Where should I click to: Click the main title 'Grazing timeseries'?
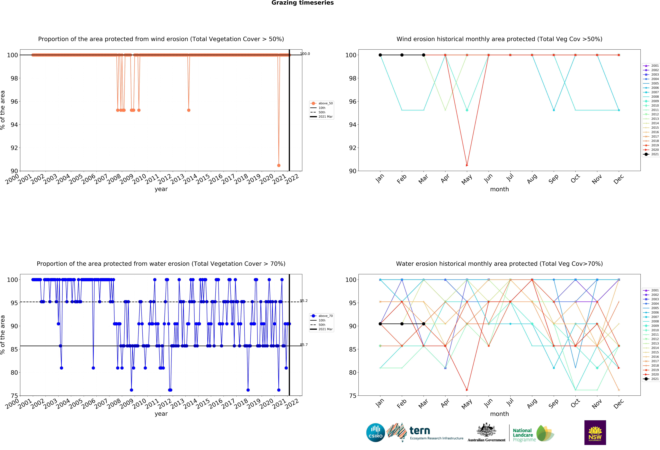[x=302, y=3]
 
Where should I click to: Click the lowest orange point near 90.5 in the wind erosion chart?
[x=279, y=165]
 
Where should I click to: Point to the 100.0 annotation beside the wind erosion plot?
[x=305, y=54]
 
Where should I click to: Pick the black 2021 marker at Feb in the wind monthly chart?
[x=402, y=55]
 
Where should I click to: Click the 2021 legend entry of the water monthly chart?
[x=653, y=379]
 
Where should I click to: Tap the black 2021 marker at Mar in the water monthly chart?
[x=423, y=324]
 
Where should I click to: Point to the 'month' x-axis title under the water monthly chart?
[x=499, y=414]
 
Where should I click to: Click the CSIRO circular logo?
[x=375, y=433]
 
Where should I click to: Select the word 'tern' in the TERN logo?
[x=420, y=431]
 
